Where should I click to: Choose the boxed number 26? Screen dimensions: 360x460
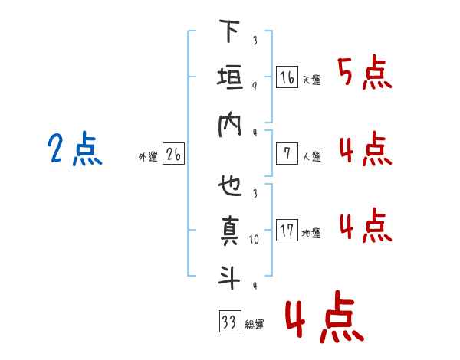pyautogui.click(x=173, y=155)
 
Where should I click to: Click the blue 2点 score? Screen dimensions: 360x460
pyautogui.click(x=74, y=150)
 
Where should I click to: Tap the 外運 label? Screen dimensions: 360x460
pyautogui.click(x=147, y=157)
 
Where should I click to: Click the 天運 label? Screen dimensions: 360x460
pyautogui.click(x=311, y=80)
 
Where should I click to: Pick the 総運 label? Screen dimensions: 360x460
pyautogui.click(x=255, y=325)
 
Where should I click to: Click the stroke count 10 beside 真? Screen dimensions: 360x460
pyautogui.click(x=255, y=240)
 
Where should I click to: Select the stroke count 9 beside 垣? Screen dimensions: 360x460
pyautogui.click(x=255, y=86)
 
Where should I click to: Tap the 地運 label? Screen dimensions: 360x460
pyautogui.click(x=311, y=234)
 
